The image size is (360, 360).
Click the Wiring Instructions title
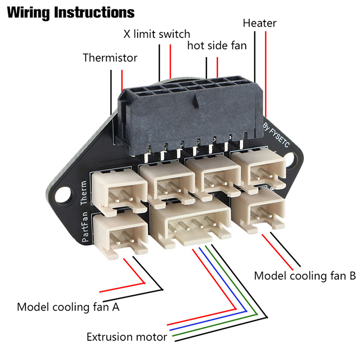tap(71, 12)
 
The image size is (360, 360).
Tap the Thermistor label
tap(110, 58)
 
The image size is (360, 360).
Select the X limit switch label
tap(157, 34)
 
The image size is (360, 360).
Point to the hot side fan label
tap(217, 45)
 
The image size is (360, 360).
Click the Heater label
tap(259, 22)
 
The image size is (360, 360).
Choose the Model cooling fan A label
tap(68, 307)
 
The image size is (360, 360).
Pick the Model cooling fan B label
tap(305, 275)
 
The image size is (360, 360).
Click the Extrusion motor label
tap(127, 337)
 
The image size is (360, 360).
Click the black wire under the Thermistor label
tap(110, 90)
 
